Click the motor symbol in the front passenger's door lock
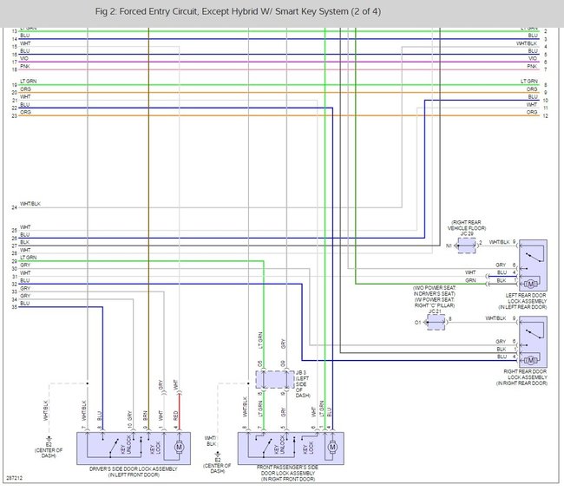(331, 448)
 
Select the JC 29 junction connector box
(467, 245)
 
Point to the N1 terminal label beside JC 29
(448, 245)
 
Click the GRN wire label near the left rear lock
(495, 281)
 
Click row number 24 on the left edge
(14, 208)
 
